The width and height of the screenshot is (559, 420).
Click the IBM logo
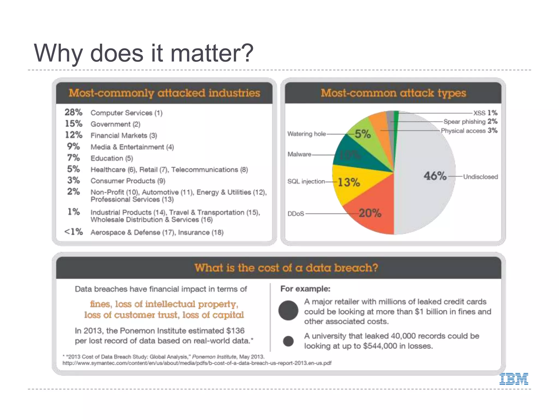514,379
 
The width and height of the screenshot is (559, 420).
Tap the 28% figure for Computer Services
73,112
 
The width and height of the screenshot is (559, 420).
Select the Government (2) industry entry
115,124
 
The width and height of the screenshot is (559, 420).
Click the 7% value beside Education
73,158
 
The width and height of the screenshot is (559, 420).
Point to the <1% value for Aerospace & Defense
73,232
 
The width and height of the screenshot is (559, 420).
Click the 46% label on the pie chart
435,176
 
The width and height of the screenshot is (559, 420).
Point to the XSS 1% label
485,113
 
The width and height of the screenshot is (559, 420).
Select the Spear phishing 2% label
470,121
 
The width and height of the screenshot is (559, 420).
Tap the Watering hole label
307,134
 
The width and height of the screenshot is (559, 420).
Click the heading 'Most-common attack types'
393,93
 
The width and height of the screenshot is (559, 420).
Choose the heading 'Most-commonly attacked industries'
164,93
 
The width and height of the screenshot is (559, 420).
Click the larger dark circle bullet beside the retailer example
288,310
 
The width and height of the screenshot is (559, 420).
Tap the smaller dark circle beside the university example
288,341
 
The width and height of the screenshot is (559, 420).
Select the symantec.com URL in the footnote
197,363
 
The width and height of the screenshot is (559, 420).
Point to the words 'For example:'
305,289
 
